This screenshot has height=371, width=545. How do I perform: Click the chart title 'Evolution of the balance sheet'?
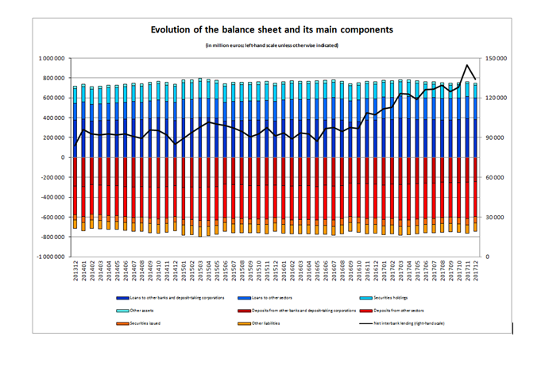click(x=272, y=29)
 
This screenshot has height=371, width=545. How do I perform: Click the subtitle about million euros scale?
click(x=272, y=45)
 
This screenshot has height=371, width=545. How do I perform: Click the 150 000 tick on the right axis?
click(x=497, y=59)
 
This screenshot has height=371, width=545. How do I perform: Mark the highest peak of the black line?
click(x=466, y=65)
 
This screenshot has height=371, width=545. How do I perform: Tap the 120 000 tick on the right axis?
click(x=497, y=99)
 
